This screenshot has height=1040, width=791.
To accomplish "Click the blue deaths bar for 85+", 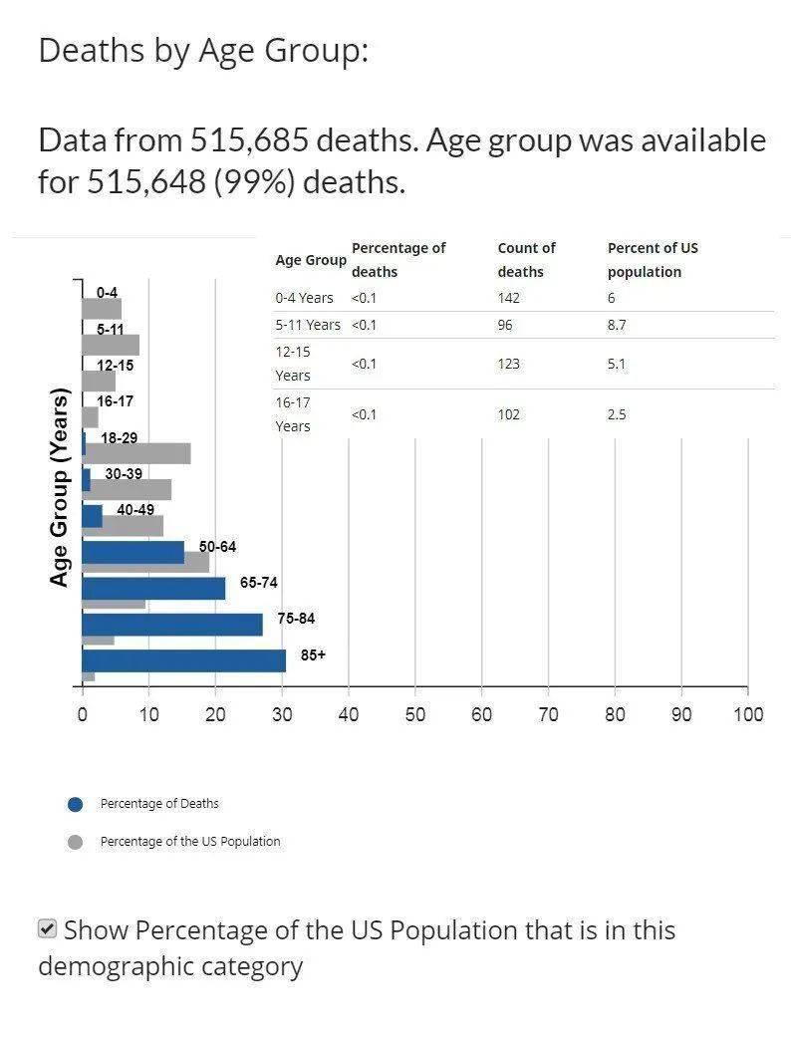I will (183, 660).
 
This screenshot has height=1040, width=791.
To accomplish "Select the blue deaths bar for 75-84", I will (171, 625).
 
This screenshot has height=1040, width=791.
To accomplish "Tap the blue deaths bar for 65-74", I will (153, 588).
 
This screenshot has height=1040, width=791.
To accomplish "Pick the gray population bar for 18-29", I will (137, 454).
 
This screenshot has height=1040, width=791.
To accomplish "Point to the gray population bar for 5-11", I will (111, 345).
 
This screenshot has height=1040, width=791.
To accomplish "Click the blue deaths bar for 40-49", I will (92, 516).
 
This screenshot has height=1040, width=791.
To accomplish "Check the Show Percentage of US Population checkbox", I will (47, 929).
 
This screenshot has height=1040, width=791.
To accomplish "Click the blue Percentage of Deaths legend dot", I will (75, 805).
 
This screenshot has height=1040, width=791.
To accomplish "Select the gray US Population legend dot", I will (75, 843).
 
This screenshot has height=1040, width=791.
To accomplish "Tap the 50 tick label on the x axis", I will (415, 714).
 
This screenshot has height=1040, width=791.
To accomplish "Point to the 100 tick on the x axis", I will (747, 714).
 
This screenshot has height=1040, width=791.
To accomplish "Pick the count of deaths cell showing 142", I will (508, 298).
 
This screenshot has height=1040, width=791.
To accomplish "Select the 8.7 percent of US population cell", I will (617, 325).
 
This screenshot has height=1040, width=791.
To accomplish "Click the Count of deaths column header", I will (527, 259).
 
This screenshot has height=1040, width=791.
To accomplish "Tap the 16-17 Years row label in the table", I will (293, 414).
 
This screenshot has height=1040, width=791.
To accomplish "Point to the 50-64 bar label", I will (217, 547).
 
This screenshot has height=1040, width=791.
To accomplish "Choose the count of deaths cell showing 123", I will (508, 364).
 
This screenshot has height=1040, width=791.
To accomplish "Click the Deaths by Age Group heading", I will (203, 50).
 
